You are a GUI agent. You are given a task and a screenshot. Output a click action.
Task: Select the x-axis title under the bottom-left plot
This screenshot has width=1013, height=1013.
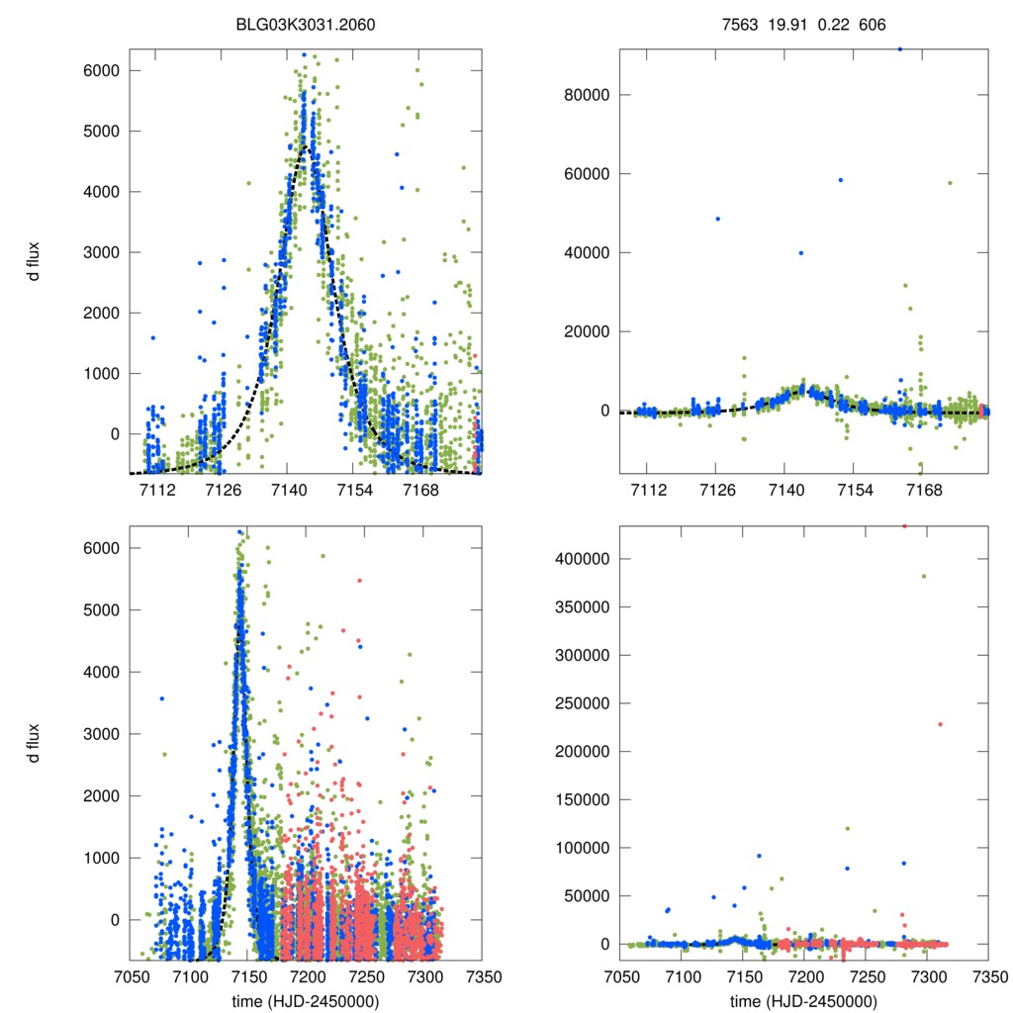click(x=306, y=1000)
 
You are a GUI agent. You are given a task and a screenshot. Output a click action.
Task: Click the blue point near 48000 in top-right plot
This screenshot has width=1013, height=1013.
click(x=718, y=219)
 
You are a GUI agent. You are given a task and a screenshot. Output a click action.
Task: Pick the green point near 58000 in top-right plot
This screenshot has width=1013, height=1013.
click(x=950, y=182)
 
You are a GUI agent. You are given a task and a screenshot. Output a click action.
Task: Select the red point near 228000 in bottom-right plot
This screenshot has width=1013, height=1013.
click(x=940, y=724)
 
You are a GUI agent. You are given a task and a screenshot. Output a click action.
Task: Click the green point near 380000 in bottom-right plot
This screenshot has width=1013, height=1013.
click(x=924, y=576)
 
